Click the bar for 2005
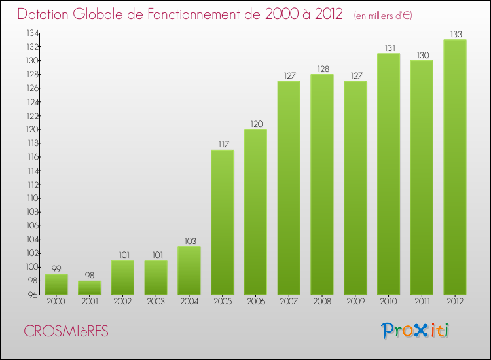(x=222, y=223)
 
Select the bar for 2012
(x=455, y=167)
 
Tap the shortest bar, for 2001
(x=89, y=287)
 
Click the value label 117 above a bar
(x=222, y=145)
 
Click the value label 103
(x=189, y=241)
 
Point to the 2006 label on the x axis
(x=255, y=302)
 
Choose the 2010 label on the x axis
(x=388, y=302)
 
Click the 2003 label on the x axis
(x=156, y=302)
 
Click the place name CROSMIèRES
(x=66, y=331)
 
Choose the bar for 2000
(x=56, y=284)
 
